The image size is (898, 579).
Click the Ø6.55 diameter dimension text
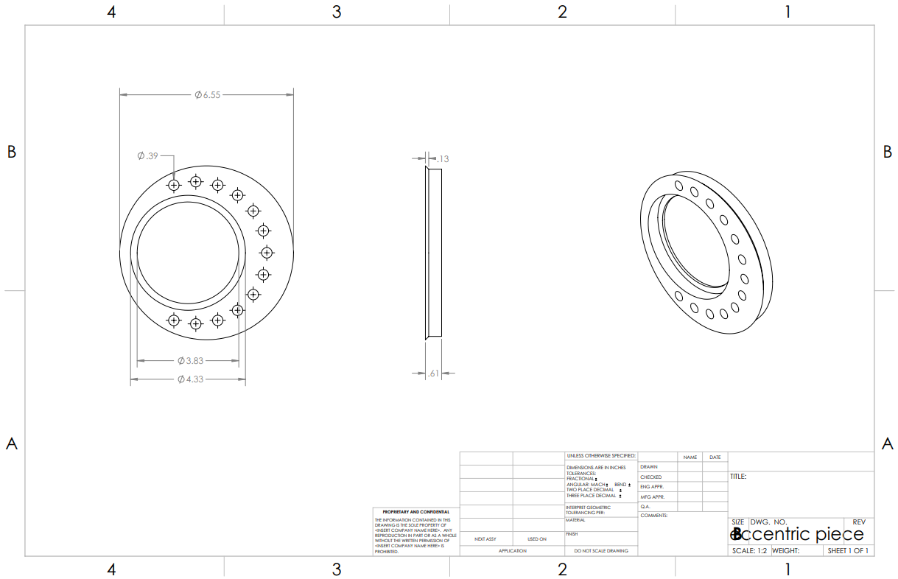click(208, 95)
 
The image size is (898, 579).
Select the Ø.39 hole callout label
click(148, 156)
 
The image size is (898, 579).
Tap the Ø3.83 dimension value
click(190, 361)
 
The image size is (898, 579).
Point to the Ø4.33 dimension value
click(190, 379)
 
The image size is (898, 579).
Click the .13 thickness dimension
click(443, 159)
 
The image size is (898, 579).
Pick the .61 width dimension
click(433, 373)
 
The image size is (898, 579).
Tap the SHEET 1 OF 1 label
click(848, 551)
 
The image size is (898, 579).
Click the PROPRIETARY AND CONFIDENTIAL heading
click(416, 512)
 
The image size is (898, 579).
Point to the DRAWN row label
click(649, 467)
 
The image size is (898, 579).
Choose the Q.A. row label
click(645, 507)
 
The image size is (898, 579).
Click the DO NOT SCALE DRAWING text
click(601, 551)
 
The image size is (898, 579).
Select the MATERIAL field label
click(575, 520)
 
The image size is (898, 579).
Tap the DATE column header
click(715, 457)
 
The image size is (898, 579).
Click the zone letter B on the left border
click(11, 152)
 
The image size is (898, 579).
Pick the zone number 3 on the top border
click(337, 13)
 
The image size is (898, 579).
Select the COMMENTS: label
click(654, 516)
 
